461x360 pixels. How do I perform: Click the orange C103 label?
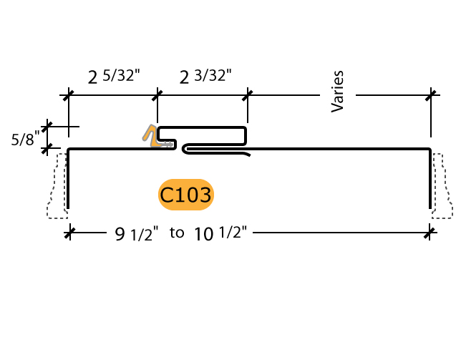click(186, 195)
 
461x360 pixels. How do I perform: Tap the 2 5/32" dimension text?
click(114, 76)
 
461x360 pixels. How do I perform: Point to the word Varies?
click(339, 92)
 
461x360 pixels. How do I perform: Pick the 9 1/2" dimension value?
click(135, 233)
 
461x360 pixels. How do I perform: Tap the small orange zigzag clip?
click(152, 136)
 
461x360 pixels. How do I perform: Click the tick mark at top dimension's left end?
click(69, 95)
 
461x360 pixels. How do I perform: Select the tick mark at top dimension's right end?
click(431, 95)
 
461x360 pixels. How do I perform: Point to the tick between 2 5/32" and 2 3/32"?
click(157, 95)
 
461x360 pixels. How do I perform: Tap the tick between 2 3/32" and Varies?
click(248, 95)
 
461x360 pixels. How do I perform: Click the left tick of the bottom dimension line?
click(69, 231)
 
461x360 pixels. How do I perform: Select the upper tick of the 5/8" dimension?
click(48, 127)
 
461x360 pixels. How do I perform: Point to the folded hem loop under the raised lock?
click(215, 150)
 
